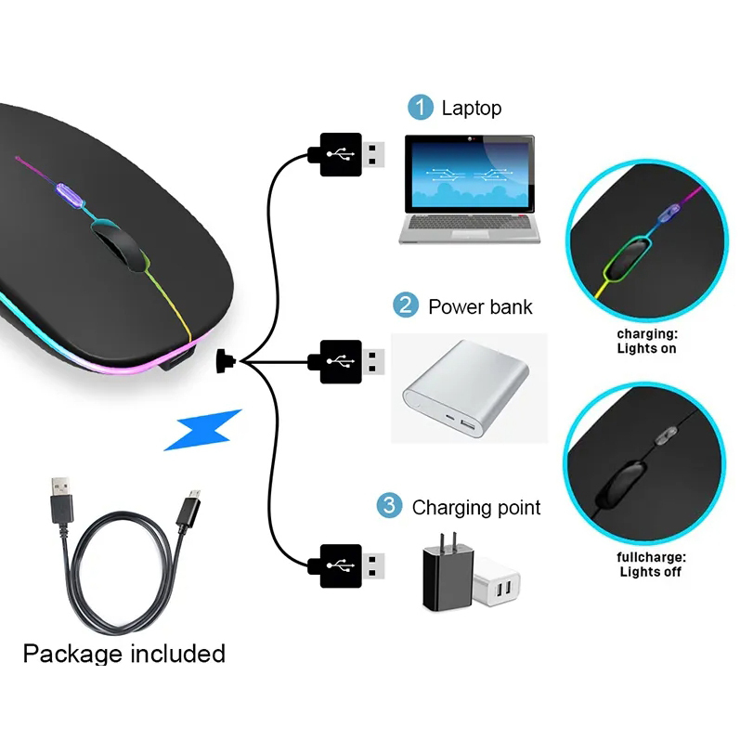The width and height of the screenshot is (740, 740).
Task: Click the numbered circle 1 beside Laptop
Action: [421, 108]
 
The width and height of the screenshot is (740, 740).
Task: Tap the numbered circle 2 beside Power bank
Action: [405, 305]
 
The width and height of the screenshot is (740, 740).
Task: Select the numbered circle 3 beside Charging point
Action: [389, 507]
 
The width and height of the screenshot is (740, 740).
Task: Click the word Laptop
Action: [471, 108]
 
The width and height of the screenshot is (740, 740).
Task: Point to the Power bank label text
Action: [480, 306]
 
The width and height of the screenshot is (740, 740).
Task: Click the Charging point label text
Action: [475, 508]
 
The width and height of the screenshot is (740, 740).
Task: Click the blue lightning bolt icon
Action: [203, 430]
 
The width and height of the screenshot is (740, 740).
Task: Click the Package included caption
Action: [123, 654]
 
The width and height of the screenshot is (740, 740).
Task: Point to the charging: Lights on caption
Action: [646, 341]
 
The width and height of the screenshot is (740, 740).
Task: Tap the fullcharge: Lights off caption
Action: [650, 564]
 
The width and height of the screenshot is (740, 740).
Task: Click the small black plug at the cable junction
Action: [225, 359]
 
